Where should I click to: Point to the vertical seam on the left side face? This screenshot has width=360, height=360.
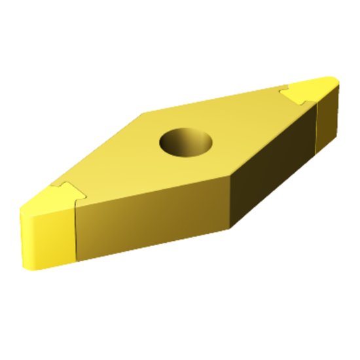[77, 230]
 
